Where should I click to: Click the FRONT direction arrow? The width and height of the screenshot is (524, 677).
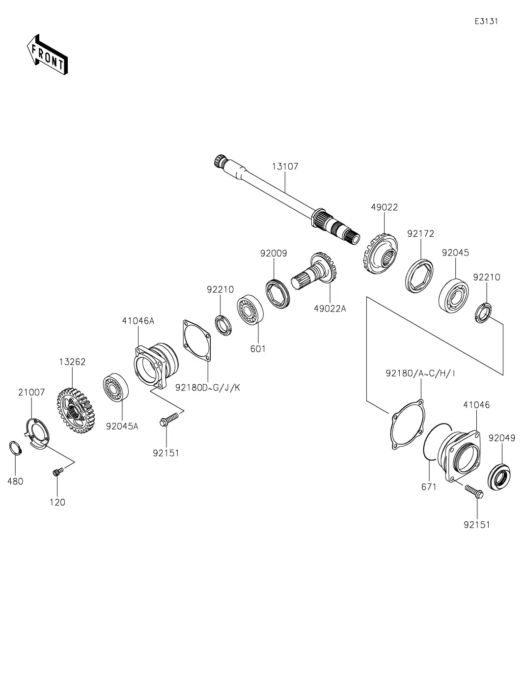tap(47, 55)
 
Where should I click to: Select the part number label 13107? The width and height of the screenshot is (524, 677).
tap(285, 166)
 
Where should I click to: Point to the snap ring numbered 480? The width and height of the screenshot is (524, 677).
tap(15, 448)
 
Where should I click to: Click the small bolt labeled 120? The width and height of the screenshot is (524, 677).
tap(56, 473)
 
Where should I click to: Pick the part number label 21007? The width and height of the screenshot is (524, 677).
tap(31, 392)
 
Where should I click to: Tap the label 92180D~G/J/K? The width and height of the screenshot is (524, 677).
tap(208, 388)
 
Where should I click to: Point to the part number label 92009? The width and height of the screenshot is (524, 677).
tap(274, 254)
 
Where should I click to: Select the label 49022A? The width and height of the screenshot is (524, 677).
tap(330, 309)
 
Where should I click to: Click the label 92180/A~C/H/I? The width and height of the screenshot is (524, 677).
tap(420, 373)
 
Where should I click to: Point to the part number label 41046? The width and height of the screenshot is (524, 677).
tap(476, 405)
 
